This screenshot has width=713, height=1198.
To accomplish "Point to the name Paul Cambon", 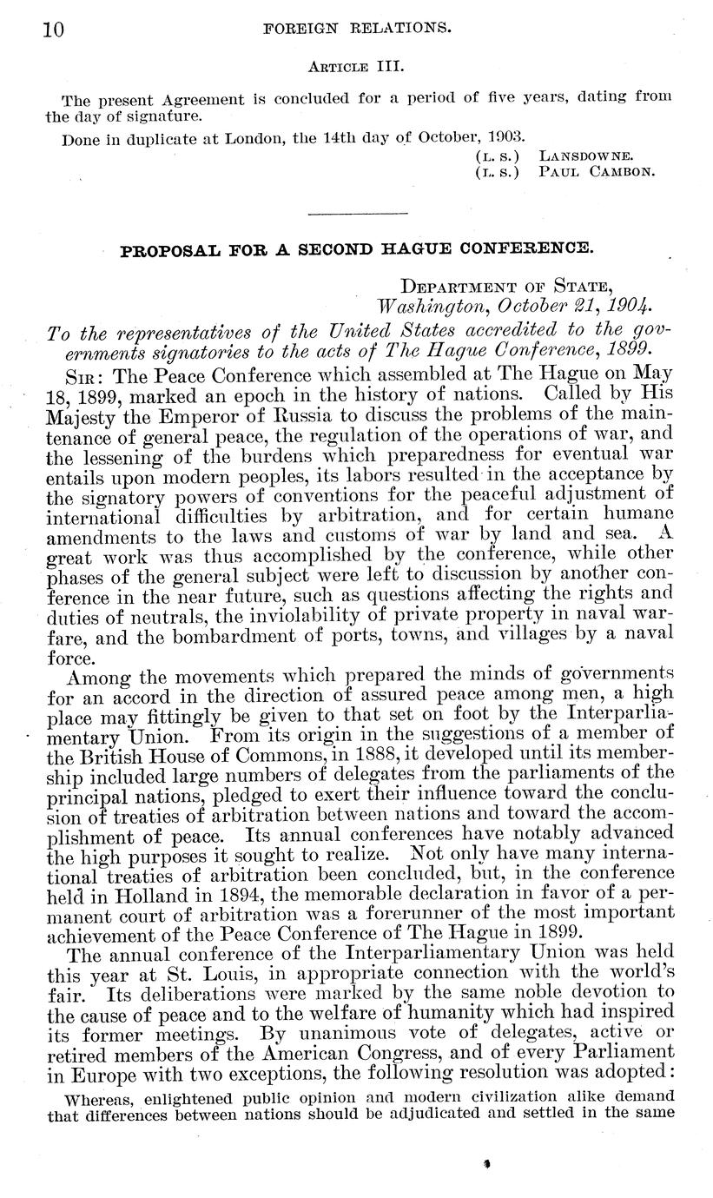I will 597,171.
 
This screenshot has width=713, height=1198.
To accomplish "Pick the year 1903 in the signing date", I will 505,136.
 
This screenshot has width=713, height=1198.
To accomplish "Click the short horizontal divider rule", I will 357,213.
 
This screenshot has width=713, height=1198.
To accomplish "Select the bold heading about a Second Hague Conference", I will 356,248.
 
